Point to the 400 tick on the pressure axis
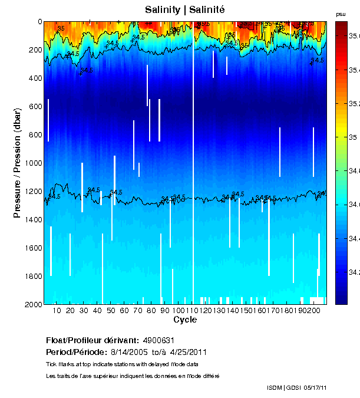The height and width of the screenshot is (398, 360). click(x=35, y=78)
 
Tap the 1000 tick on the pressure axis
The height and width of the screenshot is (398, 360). click(x=34, y=163)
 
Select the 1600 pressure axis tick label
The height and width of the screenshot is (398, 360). click(x=34, y=248)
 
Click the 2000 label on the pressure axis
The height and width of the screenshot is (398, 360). click(x=34, y=304)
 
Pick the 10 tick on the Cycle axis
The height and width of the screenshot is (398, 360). click(x=57, y=311)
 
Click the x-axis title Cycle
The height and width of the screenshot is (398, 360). click(x=185, y=320)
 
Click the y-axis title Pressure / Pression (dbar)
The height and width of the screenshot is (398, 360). click(x=17, y=163)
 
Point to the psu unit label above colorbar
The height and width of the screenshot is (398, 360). click(x=341, y=14)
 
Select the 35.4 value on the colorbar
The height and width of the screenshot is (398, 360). click(x=354, y=70)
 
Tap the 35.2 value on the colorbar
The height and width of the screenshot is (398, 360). click(x=354, y=104)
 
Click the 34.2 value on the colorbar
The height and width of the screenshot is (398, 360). click(x=354, y=272)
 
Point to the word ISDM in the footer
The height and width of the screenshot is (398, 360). click(x=274, y=387)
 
